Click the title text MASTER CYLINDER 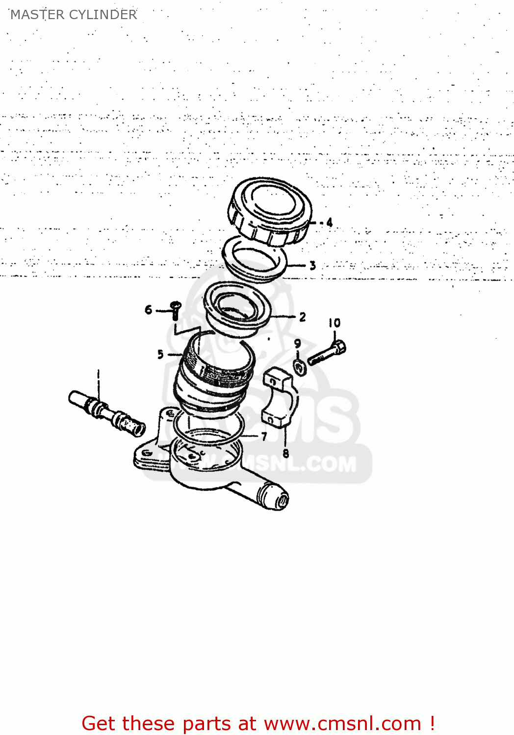(74, 15)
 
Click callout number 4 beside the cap (330, 222)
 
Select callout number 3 (312, 266)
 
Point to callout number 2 (303, 317)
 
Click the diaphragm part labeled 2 (238, 309)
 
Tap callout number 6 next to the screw (149, 310)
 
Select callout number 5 (160, 354)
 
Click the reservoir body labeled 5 (213, 377)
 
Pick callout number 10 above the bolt (334, 323)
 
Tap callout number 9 (298, 343)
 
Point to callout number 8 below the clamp (285, 453)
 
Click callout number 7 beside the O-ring (264, 436)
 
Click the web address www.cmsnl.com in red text (342, 723)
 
